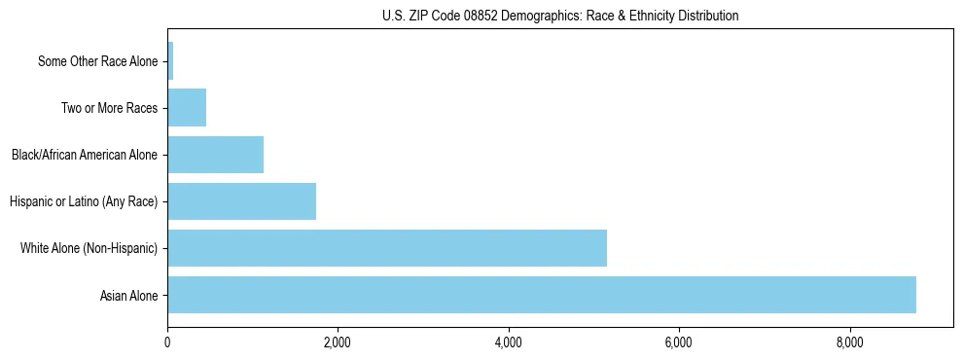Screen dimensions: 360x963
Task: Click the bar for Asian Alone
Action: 542,295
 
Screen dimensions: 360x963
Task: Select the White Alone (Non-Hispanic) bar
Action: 387,248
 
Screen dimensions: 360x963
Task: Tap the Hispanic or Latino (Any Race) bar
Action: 241,201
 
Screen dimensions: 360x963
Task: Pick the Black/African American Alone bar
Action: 215,155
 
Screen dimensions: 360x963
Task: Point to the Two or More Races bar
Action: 187,108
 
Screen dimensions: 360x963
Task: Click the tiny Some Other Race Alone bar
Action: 170,61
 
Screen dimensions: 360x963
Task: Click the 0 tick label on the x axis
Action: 167,342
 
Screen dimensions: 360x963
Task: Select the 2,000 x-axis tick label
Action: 338,342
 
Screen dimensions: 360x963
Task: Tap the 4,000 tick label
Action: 509,342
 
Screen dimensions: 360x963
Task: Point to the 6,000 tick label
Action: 679,342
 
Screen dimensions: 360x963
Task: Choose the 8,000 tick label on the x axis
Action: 850,342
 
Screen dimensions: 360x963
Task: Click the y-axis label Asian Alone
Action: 128,296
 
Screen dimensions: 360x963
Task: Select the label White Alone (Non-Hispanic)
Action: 89,249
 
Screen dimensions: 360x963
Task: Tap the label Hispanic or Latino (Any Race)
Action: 84,202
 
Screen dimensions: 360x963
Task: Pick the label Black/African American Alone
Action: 85,155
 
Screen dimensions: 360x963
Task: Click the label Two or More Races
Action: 109,108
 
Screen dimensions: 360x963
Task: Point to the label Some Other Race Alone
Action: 97,61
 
